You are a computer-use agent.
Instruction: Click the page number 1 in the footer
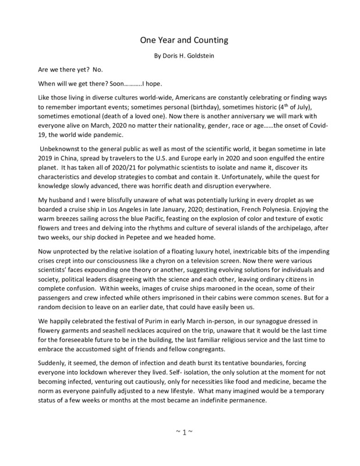(x=180, y=449)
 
